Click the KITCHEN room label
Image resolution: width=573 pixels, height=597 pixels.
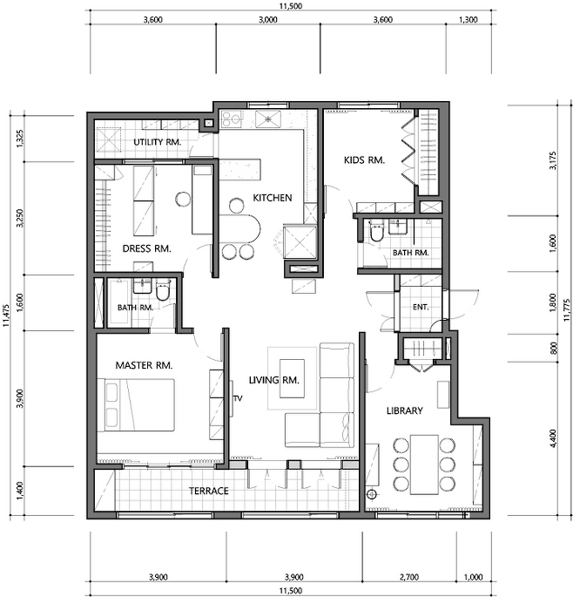pos(273,198)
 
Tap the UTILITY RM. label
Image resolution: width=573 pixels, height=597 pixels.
pos(157,142)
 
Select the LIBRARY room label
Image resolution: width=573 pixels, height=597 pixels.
pos(404,410)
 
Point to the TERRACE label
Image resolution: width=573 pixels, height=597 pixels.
pos(209,491)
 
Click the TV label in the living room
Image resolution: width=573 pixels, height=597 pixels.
pos(239,398)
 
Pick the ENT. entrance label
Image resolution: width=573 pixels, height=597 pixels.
pos(421,307)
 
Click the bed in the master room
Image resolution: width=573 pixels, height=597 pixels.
pos(136,405)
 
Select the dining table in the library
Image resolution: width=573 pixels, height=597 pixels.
pos(424,465)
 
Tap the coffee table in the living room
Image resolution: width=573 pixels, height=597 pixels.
pos(293,378)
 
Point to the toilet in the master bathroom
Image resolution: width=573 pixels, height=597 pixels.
pos(163,292)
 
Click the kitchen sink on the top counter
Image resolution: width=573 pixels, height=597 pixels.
pos(268,119)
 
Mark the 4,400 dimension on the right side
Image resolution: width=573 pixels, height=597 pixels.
pos(553,438)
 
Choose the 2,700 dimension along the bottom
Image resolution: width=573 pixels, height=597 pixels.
pos(409,577)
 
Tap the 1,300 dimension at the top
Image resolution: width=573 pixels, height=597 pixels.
pos(469,20)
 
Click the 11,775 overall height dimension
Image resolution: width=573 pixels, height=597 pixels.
pos(566,310)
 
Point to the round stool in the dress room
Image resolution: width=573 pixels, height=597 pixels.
pos(183,199)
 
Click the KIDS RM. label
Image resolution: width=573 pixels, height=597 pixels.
pos(364,160)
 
